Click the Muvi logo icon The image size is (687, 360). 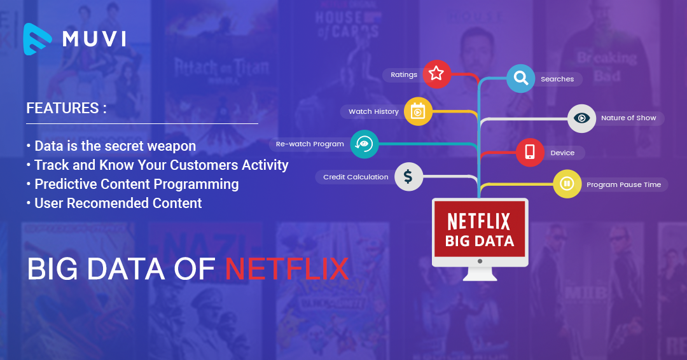point(38,38)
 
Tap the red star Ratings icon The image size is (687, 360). point(436,74)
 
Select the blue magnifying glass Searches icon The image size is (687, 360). point(521,78)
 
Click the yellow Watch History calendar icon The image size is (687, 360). point(418,111)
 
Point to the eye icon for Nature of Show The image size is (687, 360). point(581,118)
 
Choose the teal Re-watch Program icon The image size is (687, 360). point(364,144)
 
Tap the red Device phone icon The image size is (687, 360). point(530,153)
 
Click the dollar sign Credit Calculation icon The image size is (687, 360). point(408,177)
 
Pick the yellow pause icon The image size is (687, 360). point(566,184)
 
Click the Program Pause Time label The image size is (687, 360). point(623,184)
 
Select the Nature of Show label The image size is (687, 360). point(628,118)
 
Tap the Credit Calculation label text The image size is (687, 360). point(356,177)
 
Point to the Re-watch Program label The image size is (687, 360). point(310,144)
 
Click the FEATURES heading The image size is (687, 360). point(66,108)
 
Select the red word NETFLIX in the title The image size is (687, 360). point(287,269)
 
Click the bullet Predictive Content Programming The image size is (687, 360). point(136,184)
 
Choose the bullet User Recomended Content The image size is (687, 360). point(118,204)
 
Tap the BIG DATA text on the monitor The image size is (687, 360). point(480,241)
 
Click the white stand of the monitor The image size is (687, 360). point(480,274)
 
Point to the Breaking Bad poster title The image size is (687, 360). point(606,64)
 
